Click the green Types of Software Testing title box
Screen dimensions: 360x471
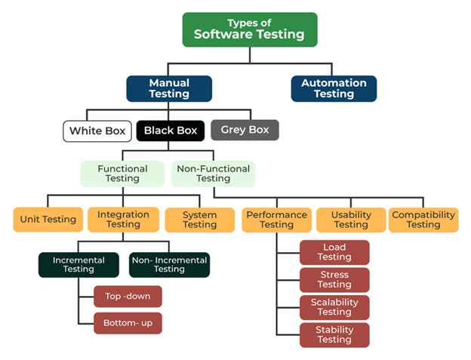249,29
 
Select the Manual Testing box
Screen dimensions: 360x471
169,88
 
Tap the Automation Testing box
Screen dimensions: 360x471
334,88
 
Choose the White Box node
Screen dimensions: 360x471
97,131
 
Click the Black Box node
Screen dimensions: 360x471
171,131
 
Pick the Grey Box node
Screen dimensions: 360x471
245,130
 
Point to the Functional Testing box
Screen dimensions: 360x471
122,174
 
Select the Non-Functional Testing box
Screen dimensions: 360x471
214,174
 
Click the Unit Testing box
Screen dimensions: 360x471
48,220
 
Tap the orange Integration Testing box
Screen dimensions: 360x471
124,220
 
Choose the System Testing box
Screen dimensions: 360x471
200,220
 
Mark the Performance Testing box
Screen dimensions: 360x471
276,220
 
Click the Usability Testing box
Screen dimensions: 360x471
351,220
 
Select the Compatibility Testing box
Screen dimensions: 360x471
423,220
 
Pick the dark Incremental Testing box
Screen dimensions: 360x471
78,264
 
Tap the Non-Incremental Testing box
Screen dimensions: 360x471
169,264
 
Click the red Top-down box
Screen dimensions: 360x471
128,297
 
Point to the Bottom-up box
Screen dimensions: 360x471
128,323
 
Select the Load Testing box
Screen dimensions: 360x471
334,252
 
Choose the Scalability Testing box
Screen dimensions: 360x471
334,307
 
